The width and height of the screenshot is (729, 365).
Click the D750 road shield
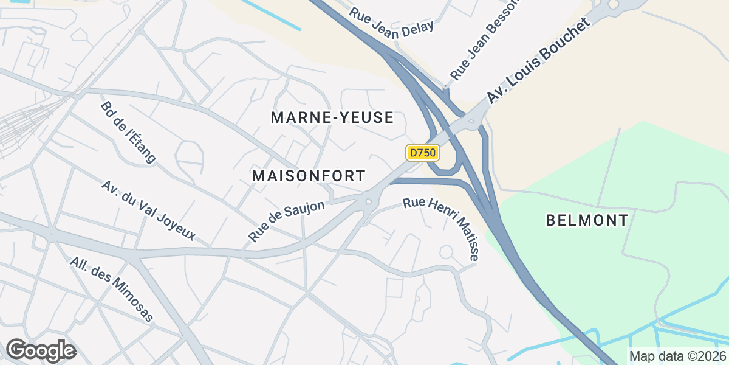pyautogui.click(x=423, y=153)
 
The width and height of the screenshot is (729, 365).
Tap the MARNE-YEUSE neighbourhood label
pyautogui.click(x=332, y=118)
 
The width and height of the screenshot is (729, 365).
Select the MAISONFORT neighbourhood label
pyautogui.click(x=309, y=176)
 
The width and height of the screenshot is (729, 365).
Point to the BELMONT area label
pyautogui.click(x=587, y=220)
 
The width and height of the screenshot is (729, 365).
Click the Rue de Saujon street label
pyautogui.click(x=287, y=221)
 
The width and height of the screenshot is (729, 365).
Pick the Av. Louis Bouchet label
pyautogui.click(x=538, y=60)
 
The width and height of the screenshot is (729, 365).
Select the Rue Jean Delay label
pyautogui.click(x=392, y=19)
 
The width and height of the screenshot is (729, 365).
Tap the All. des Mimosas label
pyautogui.click(x=112, y=289)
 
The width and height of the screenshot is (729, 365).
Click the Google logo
pyautogui.click(x=41, y=350)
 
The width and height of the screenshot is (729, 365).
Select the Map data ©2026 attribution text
pyautogui.click(x=677, y=356)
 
